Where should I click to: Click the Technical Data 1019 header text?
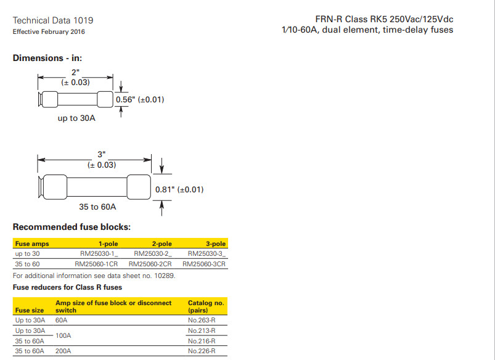click(53, 20)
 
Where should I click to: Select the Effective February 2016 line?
click(49, 31)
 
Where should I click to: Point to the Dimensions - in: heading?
click(47, 59)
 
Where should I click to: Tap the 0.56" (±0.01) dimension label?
click(140, 99)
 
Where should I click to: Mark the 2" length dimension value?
click(76, 72)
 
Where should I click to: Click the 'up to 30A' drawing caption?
click(76, 118)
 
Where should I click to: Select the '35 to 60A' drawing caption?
click(97, 207)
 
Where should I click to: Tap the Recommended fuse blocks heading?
click(72, 227)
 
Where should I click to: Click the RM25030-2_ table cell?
click(152, 253)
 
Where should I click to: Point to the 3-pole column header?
click(216, 244)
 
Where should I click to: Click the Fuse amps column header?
click(32, 244)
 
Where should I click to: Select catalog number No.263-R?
click(202, 321)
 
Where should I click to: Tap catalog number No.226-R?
click(202, 351)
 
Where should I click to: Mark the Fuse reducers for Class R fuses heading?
click(67, 287)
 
